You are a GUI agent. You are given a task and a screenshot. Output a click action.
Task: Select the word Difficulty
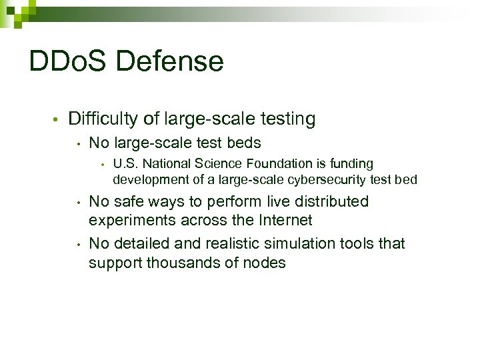[103, 119]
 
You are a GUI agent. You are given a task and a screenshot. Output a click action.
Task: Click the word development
[147, 179]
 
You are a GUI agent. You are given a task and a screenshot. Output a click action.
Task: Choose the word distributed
[331, 201]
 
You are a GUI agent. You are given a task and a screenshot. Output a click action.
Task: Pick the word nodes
[265, 263]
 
